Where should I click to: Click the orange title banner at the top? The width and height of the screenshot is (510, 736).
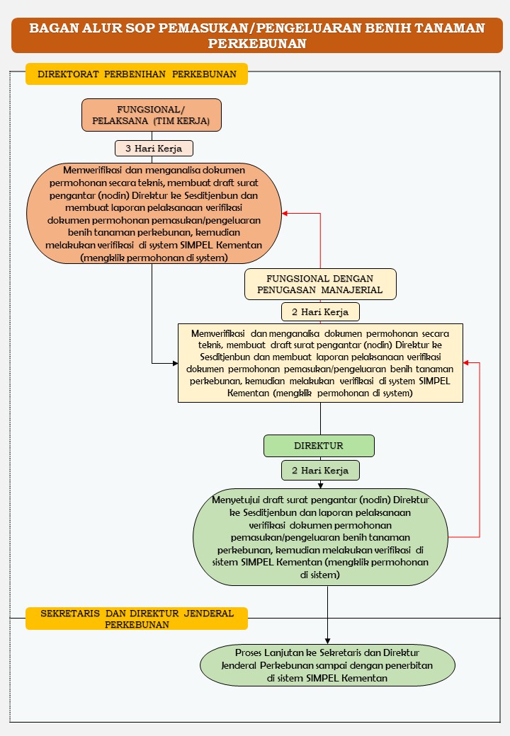[257, 35]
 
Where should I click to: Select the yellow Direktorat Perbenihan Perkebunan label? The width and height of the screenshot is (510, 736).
[137, 74]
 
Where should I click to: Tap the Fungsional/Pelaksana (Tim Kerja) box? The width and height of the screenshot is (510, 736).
[151, 115]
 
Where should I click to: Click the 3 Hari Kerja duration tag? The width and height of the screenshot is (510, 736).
[154, 149]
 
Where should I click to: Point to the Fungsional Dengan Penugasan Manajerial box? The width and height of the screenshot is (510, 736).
[320, 284]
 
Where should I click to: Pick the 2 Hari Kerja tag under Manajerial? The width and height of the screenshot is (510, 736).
[320, 311]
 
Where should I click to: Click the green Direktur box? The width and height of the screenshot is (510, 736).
[319, 445]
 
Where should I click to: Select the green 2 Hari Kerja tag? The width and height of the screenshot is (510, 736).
[320, 471]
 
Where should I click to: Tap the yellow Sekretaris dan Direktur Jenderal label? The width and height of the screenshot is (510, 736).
[137, 619]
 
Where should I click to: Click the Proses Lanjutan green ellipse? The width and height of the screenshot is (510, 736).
[327, 665]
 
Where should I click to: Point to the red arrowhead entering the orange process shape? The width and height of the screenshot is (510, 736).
[285, 214]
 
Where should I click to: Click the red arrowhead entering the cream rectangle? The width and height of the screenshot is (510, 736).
[466, 363]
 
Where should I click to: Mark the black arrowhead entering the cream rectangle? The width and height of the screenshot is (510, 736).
[175, 363]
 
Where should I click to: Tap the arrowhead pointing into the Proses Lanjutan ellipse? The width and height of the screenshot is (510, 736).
[327, 641]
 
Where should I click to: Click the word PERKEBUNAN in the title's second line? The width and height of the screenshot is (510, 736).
[257, 44]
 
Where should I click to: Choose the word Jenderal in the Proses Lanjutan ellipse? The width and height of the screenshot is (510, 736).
[239, 666]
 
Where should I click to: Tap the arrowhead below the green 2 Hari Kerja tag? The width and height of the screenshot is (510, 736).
[320, 485]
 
